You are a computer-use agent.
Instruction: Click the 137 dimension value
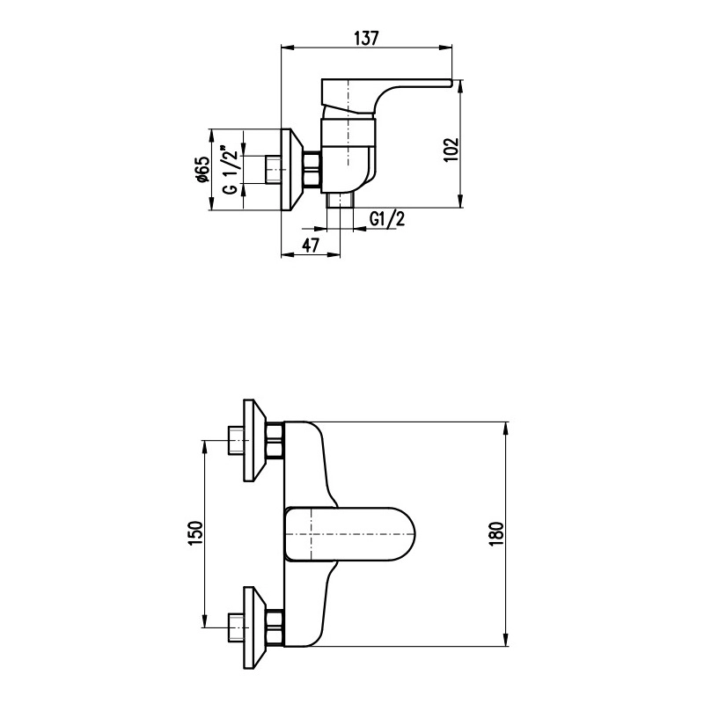(x=367, y=38)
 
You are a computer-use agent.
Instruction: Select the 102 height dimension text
(x=452, y=150)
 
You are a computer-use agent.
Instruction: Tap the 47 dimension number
(x=311, y=246)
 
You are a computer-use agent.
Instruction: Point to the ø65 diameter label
(x=202, y=170)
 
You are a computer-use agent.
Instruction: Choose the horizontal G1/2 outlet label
(x=387, y=218)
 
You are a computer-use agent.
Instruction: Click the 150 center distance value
(x=195, y=533)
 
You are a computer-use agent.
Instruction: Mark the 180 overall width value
(x=497, y=533)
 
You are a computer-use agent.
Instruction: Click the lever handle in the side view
(x=386, y=96)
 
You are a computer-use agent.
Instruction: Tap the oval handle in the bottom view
(x=350, y=534)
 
